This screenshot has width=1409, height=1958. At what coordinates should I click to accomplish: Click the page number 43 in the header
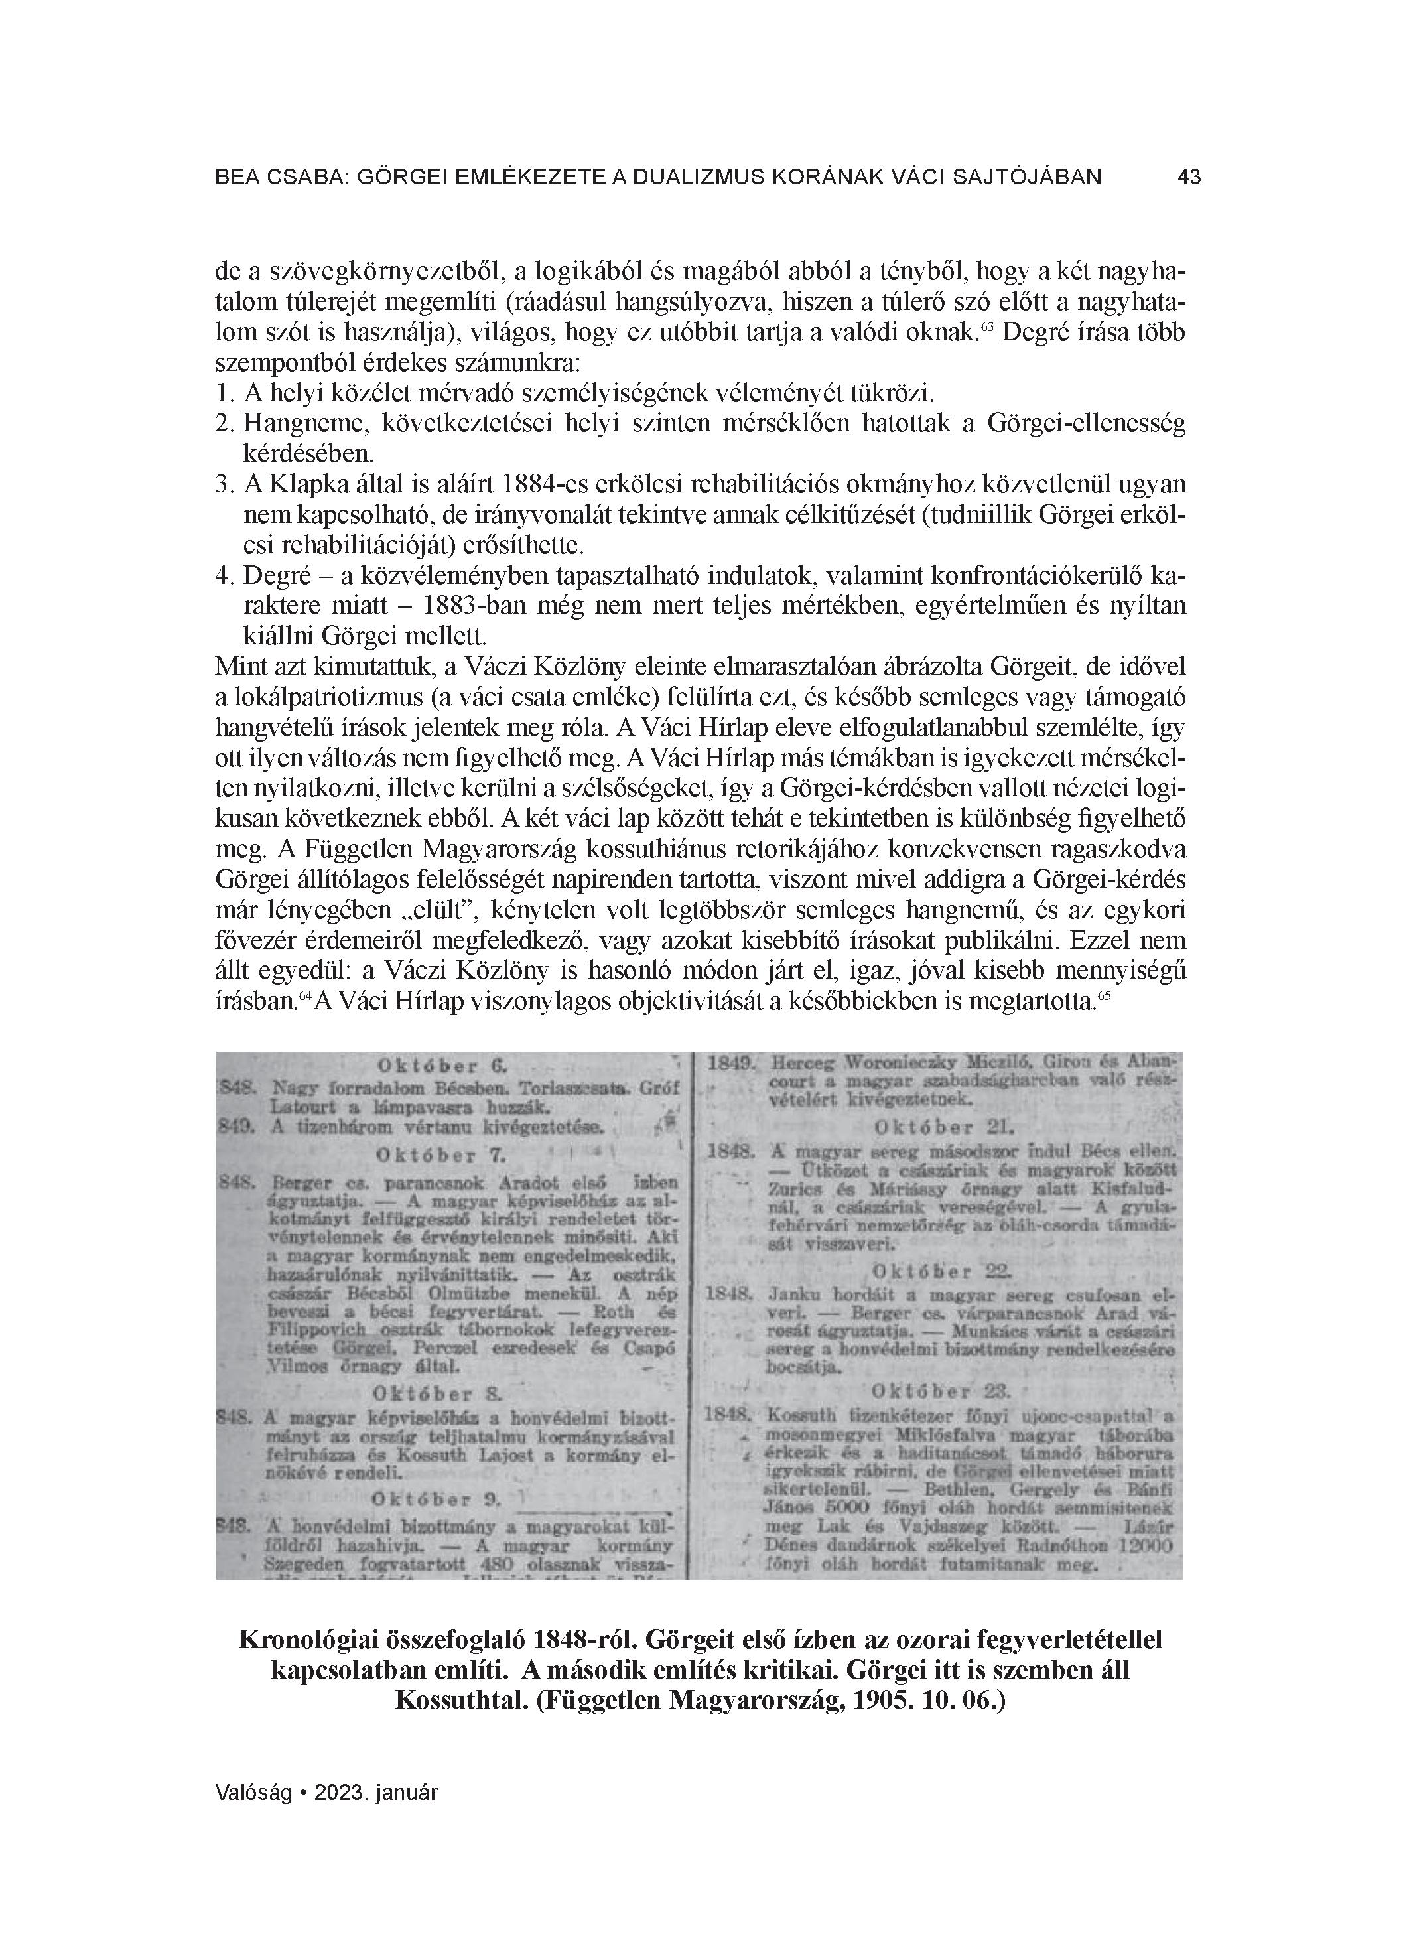pos(1188,177)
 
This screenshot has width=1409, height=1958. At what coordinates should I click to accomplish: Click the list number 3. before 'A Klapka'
pos(224,484)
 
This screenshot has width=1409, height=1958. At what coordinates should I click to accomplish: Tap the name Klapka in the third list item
pos(312,484)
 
